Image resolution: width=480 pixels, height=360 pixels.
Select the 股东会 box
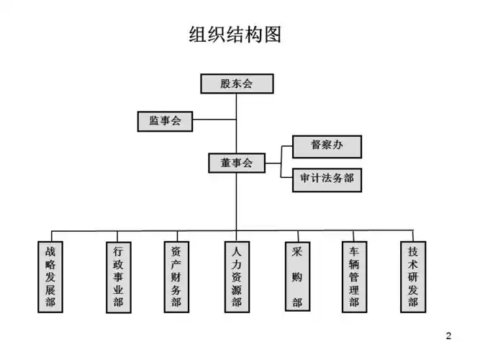pyautogui.click(x=236, y=84)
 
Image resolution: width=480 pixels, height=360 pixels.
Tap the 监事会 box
pyautogui.click(x=165, y=121)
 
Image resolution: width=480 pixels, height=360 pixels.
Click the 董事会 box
pyautogui.click(x=236, y=163)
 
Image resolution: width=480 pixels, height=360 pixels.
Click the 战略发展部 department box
pyautogui.click(x=50, y=277)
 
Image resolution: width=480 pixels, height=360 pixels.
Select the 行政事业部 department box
pyautogui.click(x=118, y=277)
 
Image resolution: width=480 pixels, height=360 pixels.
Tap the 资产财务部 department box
pyautogui.click(x=176, y=277)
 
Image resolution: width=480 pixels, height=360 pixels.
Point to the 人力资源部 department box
pyautogui.click(x=237, y=277)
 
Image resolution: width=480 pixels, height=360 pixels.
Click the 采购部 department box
pyautogui.click(x=296, y=277)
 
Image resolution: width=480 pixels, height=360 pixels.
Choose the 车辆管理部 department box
pyautogui.click(x=354, y=277)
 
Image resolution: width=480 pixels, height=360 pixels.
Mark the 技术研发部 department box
pyautogui.click(x=412, y=277)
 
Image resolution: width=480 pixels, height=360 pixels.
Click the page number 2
pyautogui.click(x=449, y=336)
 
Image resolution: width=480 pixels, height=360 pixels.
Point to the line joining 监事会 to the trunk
pyautogui.click(x=214, y=121)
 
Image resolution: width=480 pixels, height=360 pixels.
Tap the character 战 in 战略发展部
pyautogui.click(x=50, y=253)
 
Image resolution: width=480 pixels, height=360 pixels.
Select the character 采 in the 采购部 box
pyautogui.click(x=296, y=253)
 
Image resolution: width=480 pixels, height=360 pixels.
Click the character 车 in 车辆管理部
pyautogui.click(x=354, y=253)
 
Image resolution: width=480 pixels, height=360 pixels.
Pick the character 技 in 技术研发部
pyautogui.click(x=412, y=253)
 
